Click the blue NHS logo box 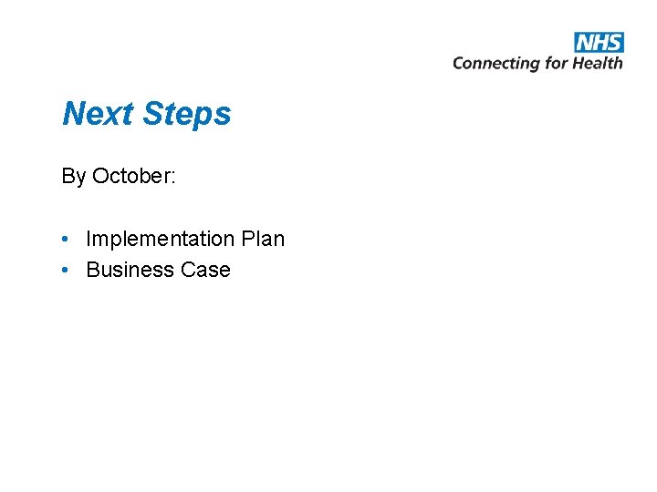pyautogui.click(x=599, y=42)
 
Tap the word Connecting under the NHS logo pyautogui.click(x=496, y=63)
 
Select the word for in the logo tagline pyautogui.click(x=557, y=63)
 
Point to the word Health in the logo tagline pyautogui.click(x=598, y=63)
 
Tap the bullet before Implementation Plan pyautogui.click(x=67, y=239)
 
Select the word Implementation pyautogui.click(x=160, y=240)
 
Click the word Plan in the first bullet pyautogui.click(x=263, y=239)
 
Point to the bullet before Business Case pyautogui.click(x=67, y=270)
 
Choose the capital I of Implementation pyautogui.click(x=89, y=239)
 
